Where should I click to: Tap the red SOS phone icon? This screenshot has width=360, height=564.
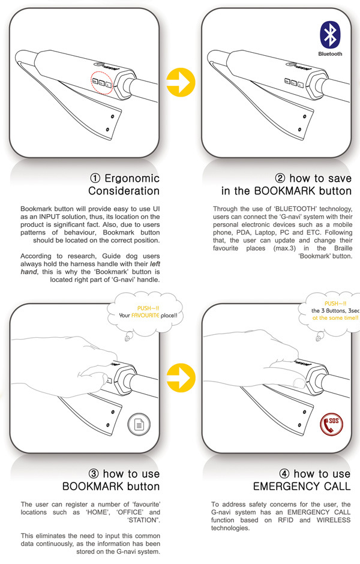[x=331, y=424]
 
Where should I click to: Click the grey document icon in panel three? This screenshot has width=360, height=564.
[x=139, y=425]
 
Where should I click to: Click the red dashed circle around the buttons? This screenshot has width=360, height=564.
[x=101, y=84]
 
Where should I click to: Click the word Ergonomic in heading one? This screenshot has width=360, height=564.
[x=132, y=178]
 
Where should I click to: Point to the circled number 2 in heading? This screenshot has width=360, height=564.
[x=280, y=178]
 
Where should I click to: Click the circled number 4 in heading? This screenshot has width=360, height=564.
[x=284, y=474]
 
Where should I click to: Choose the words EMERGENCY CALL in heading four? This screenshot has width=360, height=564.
[x=308, y=487]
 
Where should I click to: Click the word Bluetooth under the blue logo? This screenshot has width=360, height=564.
[x=330, y=53]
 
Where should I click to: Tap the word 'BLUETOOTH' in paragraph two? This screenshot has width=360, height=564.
[x=304, y=208]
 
